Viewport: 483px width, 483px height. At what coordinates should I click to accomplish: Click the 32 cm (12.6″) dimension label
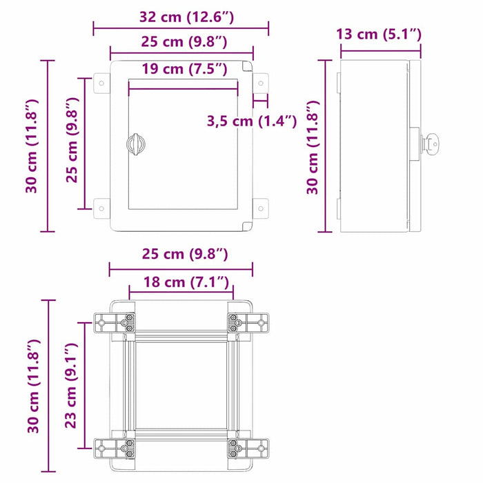181,16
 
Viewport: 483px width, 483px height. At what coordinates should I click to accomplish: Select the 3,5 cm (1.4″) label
252,122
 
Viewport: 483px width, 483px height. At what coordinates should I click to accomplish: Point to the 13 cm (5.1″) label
379,34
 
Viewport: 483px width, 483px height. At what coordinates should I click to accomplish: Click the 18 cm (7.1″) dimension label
181,282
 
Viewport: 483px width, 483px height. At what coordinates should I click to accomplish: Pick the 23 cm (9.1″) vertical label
71,388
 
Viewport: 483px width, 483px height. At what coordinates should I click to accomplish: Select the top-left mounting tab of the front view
101,85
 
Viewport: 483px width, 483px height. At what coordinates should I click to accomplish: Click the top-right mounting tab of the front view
261,85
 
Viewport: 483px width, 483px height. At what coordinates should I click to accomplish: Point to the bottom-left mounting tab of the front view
101,206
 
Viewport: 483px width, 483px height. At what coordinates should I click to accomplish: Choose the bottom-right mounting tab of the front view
261,206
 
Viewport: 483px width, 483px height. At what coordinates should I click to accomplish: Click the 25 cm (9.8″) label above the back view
181,254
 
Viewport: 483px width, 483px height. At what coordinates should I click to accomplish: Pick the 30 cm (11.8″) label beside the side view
313,146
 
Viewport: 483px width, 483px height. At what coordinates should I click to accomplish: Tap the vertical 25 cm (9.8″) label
71,144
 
